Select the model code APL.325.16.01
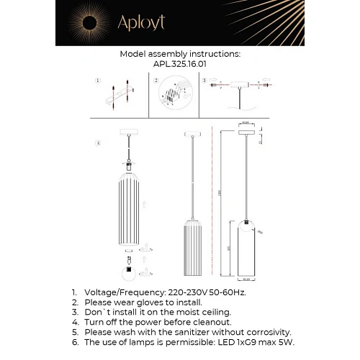pyautogui.click(x=179, y=63)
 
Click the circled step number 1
pyautogui.click(x=98, y=81)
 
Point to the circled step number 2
pyautogui.click(x=156, y=81)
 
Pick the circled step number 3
pyautogui.click(x=204, y=81)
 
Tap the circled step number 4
pyautogui.click(x=98, y=143)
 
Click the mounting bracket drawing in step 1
pyautogui.click(x=120, y=96)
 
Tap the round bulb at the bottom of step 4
pyautogui.click(x=127, y=274)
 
